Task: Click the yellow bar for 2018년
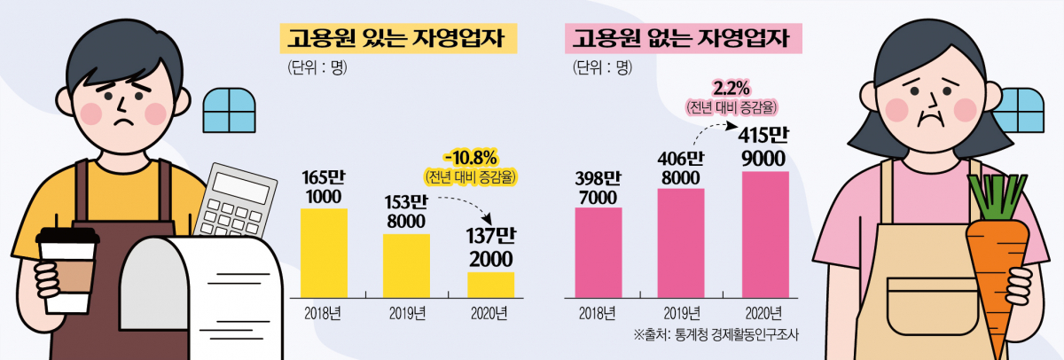pos(325,253)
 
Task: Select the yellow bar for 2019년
pos(406,265)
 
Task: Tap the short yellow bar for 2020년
pos(490,285)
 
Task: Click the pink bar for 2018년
pos(598,253)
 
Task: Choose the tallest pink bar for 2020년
pos(764,234)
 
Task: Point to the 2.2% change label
pos(731,89)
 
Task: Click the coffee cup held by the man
pos(67,270)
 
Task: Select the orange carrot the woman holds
pos(998,257)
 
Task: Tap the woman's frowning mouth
pos(927,116)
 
